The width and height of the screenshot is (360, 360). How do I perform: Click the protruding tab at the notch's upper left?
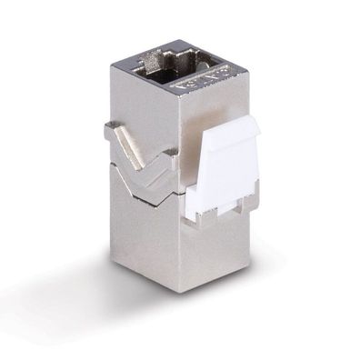coord(113,132)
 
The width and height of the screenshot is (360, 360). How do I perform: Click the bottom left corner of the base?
coord(113,251)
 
